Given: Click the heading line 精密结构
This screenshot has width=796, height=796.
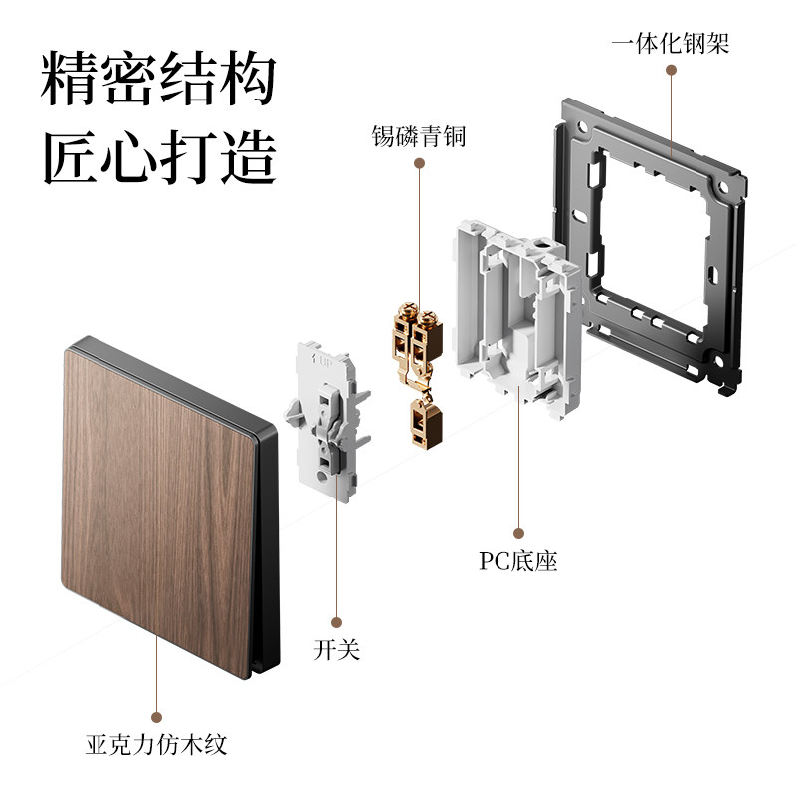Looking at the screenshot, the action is tap(158, 81).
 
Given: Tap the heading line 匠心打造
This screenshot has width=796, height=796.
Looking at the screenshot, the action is tap(158, 156).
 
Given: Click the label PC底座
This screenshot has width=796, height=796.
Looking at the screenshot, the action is tap(517, 561).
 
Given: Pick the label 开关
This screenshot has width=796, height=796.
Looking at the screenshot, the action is tap(336, 651).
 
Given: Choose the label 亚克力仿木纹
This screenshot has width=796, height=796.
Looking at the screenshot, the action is tap(156, 744).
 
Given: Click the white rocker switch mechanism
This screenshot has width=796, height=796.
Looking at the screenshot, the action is tap(326, 418).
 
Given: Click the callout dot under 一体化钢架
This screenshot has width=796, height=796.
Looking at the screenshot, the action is tap(671, 72).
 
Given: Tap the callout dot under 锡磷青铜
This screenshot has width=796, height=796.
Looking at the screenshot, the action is tap(419, 165).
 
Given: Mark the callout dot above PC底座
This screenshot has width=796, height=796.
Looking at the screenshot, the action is tap(517, 533).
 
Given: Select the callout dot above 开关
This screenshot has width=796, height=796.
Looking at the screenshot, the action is tap(336, 622).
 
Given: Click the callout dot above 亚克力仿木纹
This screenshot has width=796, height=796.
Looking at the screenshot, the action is tap(156, 716).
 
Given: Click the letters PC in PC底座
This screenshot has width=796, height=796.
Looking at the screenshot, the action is tap(495, 561).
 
